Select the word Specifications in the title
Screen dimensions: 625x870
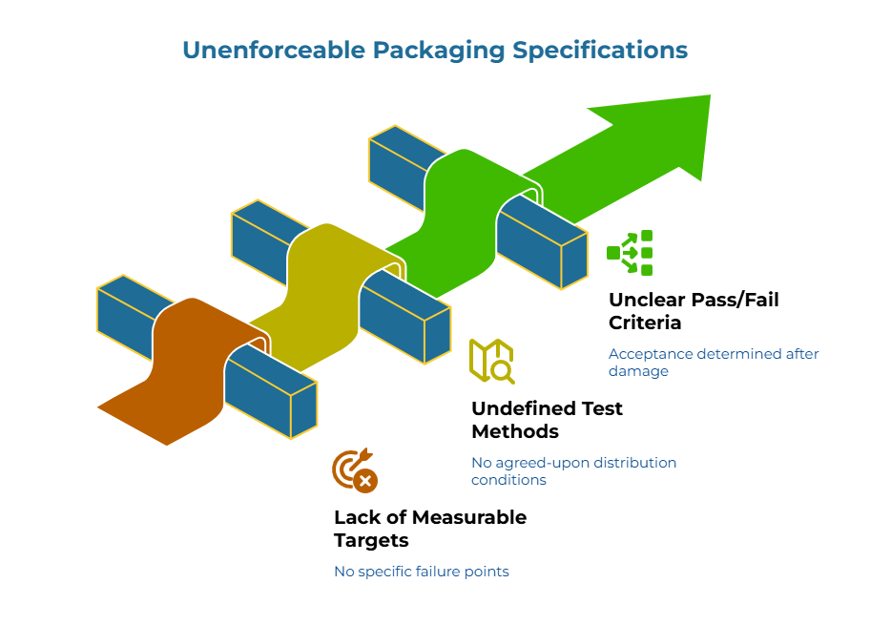click(600, 50)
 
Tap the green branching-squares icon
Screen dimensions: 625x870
click(631, 253)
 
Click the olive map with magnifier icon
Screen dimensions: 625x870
click(491, 361)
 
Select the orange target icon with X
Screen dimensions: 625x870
click(355, 470)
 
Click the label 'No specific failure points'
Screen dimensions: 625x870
click(421, 572)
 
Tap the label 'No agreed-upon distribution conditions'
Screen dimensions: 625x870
click(573, 470)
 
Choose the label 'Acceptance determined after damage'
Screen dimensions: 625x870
click(713, 362)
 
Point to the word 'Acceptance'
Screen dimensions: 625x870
click(650, 354)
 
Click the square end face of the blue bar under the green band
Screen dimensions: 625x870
click(573, 260)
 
